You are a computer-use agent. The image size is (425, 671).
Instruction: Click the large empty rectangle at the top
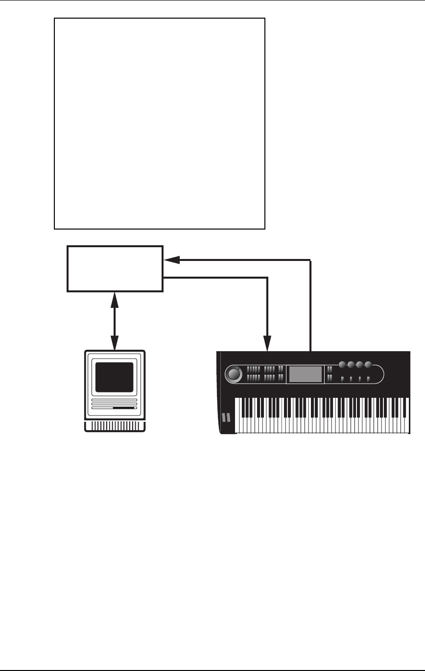[x=159, y=124]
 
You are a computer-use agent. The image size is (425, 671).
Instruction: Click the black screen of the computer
[x=115, y=377]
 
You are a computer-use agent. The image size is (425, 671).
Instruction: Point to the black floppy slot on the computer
[x=123, y=408]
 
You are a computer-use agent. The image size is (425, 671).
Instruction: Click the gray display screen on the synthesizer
[x=306, y=374]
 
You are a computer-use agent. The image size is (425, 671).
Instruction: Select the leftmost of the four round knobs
[x=342, y=365]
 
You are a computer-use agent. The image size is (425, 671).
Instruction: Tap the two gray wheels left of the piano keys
[x=226, y=417]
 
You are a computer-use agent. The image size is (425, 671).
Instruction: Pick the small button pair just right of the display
[x=330, y=374]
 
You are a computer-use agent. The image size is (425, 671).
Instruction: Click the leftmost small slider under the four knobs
[x=342, y=379]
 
